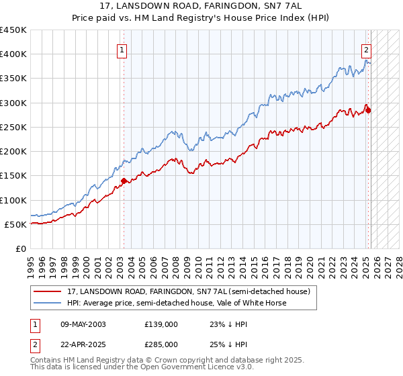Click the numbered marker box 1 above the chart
click(123, 50)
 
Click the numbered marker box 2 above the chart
click(367, 50)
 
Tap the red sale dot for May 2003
click(124, 181)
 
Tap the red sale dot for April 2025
click(368, 110)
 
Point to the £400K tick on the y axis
click(14, 54)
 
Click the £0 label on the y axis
click(21, 248)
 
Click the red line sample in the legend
click(48, 291)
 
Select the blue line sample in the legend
click(48, 303)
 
